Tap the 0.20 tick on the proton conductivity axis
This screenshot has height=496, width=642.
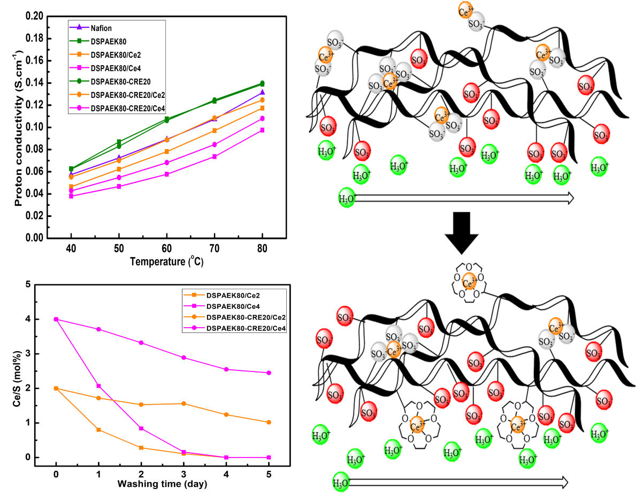pos(35,17)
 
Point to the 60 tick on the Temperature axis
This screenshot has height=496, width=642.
pos(166,250)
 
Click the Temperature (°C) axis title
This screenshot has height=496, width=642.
pos(166,262)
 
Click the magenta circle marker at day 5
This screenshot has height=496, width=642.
pos(269,373)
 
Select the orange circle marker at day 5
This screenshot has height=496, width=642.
pos(269,422)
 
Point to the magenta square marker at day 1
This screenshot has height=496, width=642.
pos(99,386)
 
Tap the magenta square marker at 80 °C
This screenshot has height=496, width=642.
pos(262,130)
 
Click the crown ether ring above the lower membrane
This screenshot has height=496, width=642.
pos(469,282)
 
